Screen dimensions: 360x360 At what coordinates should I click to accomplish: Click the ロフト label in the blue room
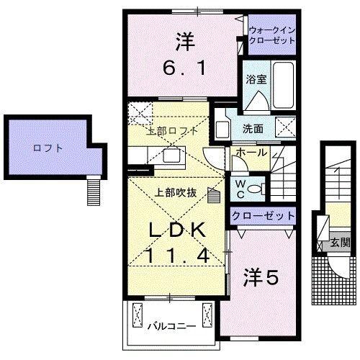pos(48,148)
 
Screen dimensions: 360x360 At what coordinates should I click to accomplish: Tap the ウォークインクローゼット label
pos(271,37)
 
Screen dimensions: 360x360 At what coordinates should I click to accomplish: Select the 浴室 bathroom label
pos(256,79)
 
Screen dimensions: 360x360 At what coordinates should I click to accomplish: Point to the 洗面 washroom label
pos(253,130)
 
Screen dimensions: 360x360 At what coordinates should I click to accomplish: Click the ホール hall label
pos(251,153)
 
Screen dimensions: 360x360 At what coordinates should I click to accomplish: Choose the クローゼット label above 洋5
pos(264,215)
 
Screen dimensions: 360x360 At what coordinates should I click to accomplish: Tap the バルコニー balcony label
pos(172,326)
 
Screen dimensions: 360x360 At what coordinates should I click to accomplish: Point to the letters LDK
pos(179,230)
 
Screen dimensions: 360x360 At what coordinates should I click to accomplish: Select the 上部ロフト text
pos(172,131)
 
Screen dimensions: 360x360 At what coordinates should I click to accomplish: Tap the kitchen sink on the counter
pos(172,155)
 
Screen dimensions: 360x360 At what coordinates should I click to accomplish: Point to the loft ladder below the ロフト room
pos(91,190)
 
